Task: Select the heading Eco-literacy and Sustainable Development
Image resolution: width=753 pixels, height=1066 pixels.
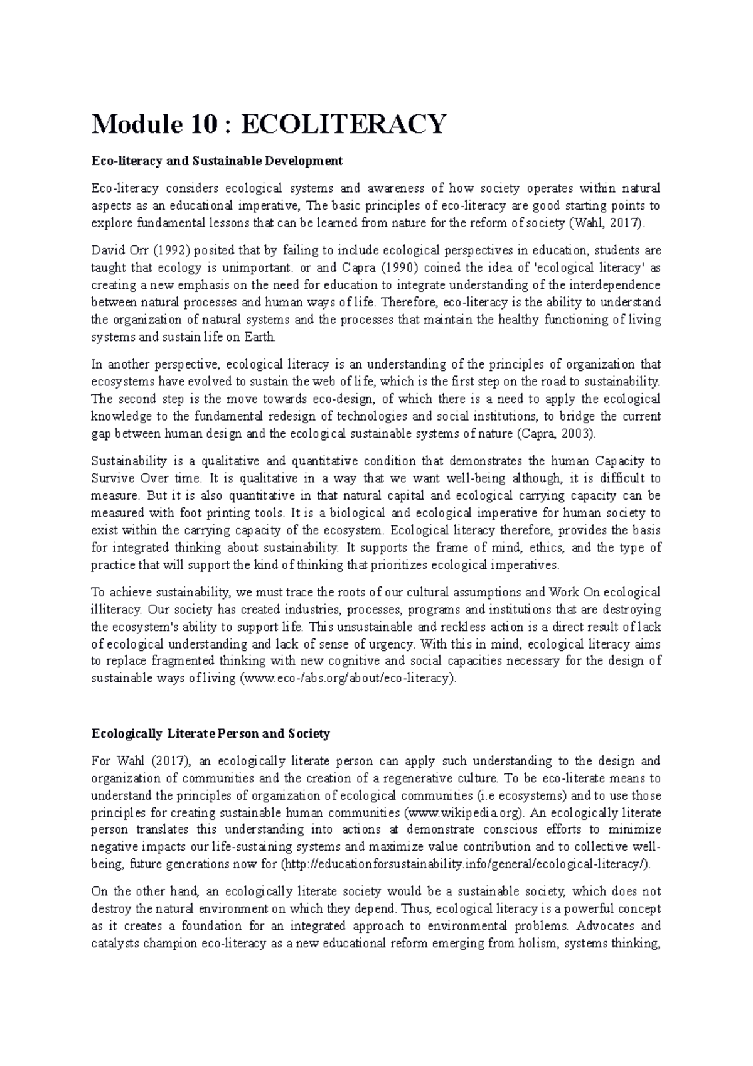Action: [217, 161]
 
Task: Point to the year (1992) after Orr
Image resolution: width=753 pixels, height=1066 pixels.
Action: [171, 250]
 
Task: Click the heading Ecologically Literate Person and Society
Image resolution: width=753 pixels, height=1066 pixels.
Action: [211, 733]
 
